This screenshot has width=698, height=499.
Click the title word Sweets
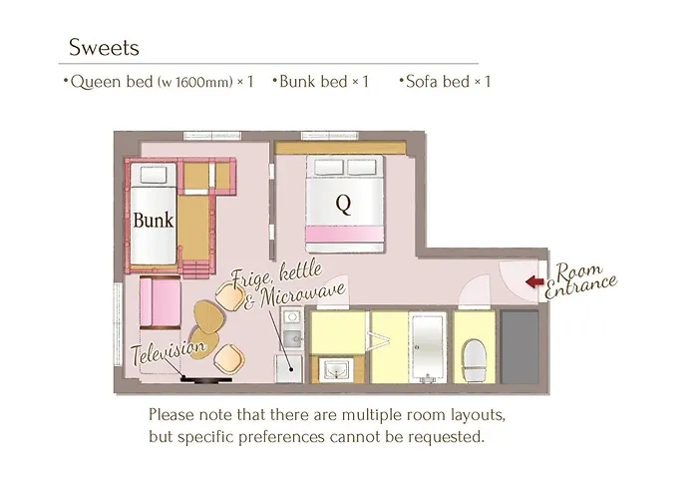click(x=104, y=47)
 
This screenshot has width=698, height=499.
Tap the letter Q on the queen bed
click(x=343, y=205)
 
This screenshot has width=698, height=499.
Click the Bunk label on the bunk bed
click(x=154, y=221)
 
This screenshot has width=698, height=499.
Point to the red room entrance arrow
click(x=534, y=281)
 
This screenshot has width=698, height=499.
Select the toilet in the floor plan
click(x=475, y=360)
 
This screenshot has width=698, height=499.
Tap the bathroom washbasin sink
click(x=337, y=370)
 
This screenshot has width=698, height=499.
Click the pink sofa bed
click(x=161, y=302)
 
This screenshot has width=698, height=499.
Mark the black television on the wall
click(x=206, y=379)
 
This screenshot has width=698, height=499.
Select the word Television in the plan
click(x=169, y=351)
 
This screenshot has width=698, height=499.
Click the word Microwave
click(x=303, y=294)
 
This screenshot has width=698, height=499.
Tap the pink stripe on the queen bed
click(x=345, y=234)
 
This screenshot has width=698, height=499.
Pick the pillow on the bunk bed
click(x=154, y=175)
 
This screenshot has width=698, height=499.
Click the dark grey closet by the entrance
click(x=520, y=347)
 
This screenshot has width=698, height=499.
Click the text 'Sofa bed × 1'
click(x=445, y=82)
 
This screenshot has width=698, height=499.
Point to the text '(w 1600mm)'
click(x=195, y=82)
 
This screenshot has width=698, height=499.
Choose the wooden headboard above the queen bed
click(x=341, y=148)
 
